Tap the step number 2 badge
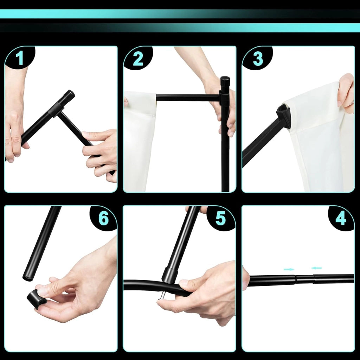click(138, 58)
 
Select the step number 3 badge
click(258, 58)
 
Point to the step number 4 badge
click(341, 218)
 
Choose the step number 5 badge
click(220, 218)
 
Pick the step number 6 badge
click(103, 218)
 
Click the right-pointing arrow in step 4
click(289, 269)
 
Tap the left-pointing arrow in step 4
click(316, 268)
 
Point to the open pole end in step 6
click(27, 278)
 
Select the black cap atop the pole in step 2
click(225, 82)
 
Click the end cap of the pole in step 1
click(69, 95)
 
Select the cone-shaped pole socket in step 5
click(169, 275)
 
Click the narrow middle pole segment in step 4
click(305, 279)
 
